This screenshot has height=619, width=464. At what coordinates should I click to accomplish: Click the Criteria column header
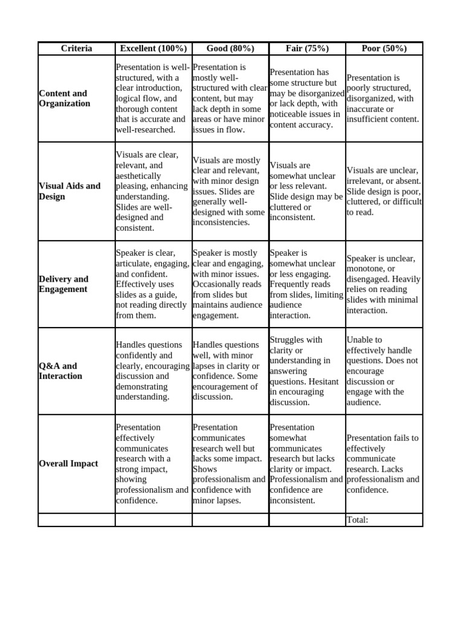point(76,48)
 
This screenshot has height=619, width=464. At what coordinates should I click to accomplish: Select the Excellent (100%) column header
point(153,48)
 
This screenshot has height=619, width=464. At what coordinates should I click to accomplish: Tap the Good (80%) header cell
point(230,48)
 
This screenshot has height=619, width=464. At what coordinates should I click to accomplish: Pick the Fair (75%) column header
point(307,48)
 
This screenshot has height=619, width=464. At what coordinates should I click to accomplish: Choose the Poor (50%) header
point(384,48)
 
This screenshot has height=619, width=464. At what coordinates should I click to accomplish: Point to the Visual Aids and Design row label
point(69,191)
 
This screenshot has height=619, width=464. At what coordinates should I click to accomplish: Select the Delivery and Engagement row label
point(63,284)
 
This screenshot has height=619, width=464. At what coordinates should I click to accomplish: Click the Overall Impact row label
point(68,464)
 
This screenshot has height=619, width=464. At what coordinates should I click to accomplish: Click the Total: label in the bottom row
point(357,520)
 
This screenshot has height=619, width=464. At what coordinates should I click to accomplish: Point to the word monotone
point(366,269)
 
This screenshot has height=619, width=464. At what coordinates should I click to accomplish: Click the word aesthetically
point(138,176)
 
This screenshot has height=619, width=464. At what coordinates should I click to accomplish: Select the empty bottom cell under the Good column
point(230,520)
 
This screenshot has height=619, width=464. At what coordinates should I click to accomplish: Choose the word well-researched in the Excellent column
point(145,129)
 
